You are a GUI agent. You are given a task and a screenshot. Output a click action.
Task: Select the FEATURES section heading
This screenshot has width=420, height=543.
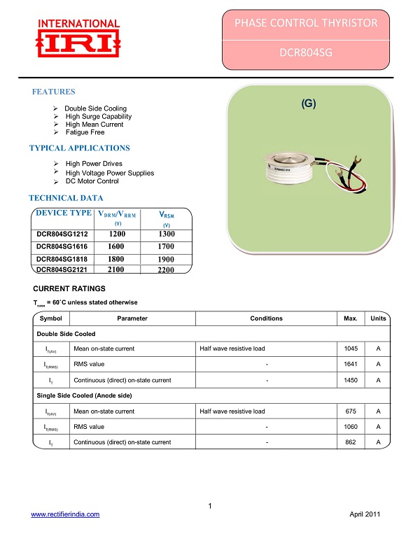pos(54,92)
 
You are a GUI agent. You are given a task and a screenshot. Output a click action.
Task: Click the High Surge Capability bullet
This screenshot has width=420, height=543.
pos(98,117)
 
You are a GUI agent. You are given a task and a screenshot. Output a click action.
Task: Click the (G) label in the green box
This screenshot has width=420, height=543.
pos(309,104)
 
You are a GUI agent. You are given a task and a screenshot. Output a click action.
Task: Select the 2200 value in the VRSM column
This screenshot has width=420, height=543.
pos(166,270)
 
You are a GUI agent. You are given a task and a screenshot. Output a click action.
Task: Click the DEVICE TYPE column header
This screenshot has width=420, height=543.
pos(64,213)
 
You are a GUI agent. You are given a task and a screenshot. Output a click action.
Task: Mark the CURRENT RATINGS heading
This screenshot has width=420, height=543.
pos(69,289)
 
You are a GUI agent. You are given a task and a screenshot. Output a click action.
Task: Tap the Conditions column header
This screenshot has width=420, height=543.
pos(266,318)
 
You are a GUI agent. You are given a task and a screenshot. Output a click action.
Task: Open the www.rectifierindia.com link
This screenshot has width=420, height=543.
pos(65,514)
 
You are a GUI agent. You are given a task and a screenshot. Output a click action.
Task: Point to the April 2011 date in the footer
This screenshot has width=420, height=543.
pos(365,514)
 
